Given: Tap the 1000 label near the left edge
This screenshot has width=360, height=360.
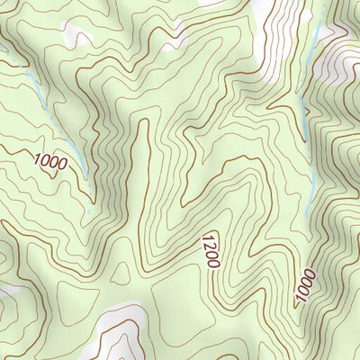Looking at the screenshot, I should tap(49, 162).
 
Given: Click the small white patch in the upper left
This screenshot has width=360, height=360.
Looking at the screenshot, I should tap(77, 36).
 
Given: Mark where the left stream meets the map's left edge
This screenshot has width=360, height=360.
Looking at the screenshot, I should tap(2, 63).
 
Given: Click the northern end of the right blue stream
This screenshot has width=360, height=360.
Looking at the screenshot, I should tap(321, 27).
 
